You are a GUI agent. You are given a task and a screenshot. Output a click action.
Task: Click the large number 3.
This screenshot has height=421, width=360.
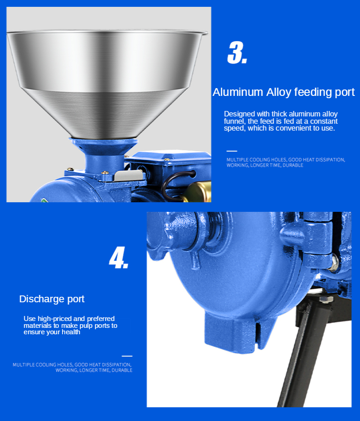(x=237, y=53)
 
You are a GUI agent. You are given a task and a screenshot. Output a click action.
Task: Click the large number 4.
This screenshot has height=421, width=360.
(x=119, y=258)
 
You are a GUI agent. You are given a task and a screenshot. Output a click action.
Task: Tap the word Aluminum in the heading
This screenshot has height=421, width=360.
(x=238, y=92)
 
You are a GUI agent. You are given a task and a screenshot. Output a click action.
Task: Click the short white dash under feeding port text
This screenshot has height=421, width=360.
(x=232, y=151)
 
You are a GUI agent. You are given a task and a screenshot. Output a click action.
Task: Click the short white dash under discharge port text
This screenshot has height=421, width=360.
(x=127, y=356)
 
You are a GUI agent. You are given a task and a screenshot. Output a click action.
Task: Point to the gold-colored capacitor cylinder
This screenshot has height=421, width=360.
(x=197, y=192)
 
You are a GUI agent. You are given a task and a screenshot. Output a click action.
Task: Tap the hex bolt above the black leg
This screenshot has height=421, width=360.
(x=326, y=299)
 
